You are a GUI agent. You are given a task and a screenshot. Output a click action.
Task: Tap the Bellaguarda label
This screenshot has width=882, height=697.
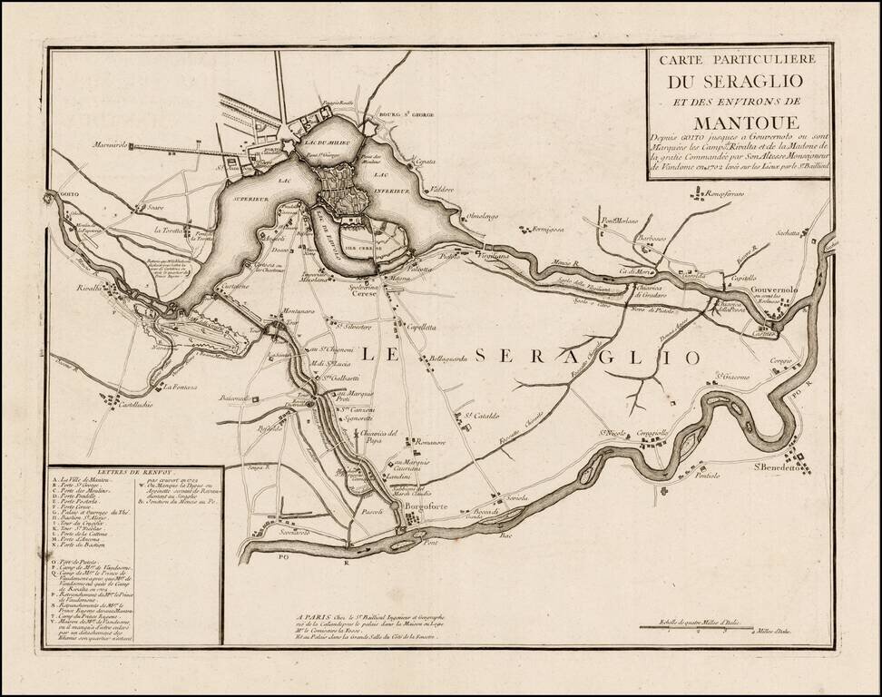pyautogui.click(x=448, y=358)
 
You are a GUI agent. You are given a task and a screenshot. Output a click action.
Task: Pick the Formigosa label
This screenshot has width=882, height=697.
pyautogui.click(x=555, y=230)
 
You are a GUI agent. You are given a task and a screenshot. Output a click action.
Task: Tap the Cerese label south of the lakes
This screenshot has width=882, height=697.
pyautogui.click(x=363, y=293)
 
